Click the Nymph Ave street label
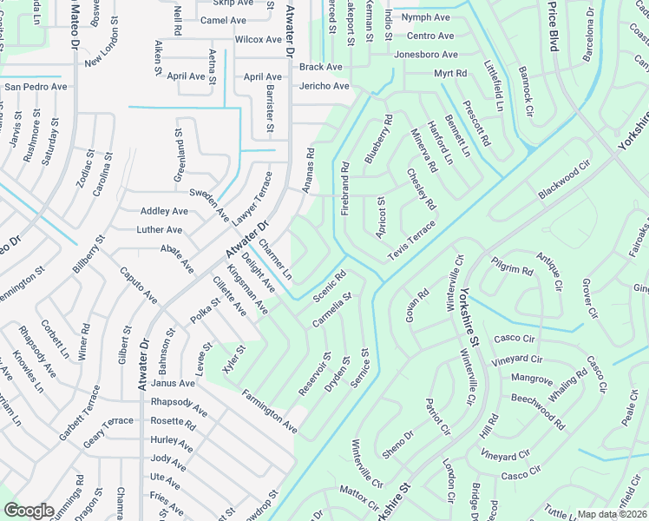425,17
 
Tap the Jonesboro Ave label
424,54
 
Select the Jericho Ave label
324,86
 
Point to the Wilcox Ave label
259,39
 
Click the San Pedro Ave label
36,87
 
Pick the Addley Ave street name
164,211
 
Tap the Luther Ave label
160,230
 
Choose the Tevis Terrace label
411,234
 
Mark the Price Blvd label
552,26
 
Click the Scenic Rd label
330,286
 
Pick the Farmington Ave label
271,412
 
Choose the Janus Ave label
173,383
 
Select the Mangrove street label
532,379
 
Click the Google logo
29,511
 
